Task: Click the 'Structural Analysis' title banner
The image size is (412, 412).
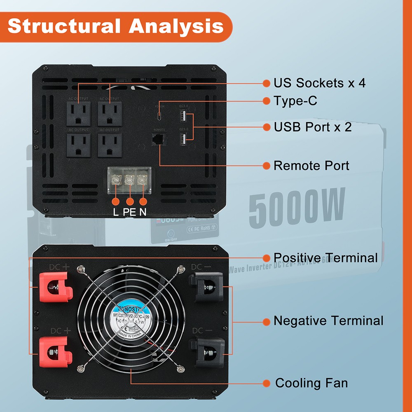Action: pyautogui.click(x=115, y=27)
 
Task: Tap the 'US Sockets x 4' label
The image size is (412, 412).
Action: pyautogui.click(x=319, y=83)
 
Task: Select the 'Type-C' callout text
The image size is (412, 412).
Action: pyautogui.click(x=295, y=101)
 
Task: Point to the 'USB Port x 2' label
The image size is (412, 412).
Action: pyautogui.click(x=313, y=127)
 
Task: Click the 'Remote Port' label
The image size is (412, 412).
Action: pyautogui.click(x=311, y=166)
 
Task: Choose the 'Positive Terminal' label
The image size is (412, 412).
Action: pyautogui.click(x=325, y=258)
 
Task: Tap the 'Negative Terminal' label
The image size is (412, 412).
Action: pyautogui.click(x=328, y=321)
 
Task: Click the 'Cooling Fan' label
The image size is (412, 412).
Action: pyautogui.click(x=311, y=383)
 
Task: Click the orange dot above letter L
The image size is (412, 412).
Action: pyautogui.click(x=116, y=201)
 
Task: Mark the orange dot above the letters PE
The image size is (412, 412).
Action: pyautogui.click(x=130, y=201)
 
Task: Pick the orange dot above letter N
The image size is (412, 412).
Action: pyautogui.click(x=143, y=201)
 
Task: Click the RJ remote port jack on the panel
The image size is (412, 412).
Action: pyautogui.click(x=159, y=140)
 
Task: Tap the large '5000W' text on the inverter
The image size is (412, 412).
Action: pyautogui.click(x=297, y=206)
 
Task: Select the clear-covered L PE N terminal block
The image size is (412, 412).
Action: pyautogui.click(x=129, y=180)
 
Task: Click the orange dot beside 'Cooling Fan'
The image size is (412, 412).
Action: pyautogui.click(x=267, y=383)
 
